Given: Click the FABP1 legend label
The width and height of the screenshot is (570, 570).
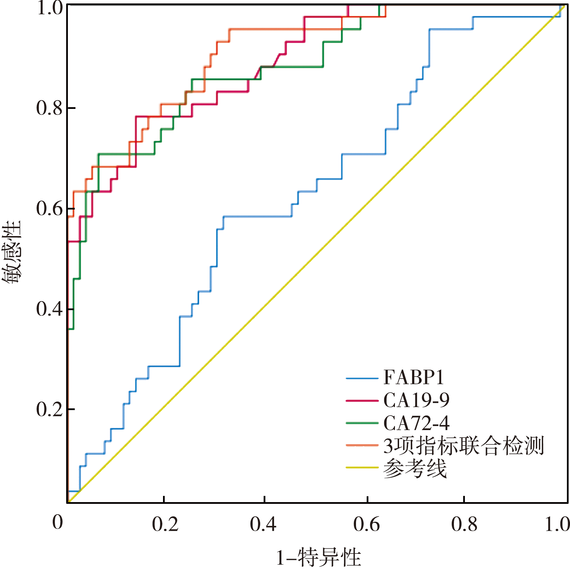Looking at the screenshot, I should [414, 377].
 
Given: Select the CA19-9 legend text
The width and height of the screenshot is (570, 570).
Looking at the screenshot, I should [416, 400].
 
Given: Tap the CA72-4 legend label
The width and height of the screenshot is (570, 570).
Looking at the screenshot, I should [416, 423].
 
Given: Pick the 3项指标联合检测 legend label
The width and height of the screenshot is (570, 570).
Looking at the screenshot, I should [464, 446].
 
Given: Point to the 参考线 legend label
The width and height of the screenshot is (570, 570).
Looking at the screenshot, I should [415, 468].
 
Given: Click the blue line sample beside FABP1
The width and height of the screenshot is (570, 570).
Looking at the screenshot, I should [362, 378].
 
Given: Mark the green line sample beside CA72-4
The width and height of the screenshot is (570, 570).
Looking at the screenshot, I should [362, 423].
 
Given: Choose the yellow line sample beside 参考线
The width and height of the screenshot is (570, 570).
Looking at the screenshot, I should [362, 468].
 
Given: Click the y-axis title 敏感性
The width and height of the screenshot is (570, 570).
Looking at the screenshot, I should [12, 252].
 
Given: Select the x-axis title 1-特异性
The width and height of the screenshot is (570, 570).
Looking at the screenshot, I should [318, 557].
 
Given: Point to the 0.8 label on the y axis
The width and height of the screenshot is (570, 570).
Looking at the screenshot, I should [50, 108].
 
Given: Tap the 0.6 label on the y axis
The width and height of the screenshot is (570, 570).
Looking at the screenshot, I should [50, 208].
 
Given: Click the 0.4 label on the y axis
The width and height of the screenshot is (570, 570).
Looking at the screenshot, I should [50, 309].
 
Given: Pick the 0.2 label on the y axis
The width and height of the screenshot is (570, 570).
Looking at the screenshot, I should [50, 409].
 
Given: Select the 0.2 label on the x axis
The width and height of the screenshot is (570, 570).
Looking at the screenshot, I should [165, 524].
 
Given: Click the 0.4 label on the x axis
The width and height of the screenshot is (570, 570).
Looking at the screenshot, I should [263, 524].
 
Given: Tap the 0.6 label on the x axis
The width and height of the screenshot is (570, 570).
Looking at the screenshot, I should [366, 524].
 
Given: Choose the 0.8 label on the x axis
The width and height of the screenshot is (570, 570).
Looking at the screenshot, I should [464, 524].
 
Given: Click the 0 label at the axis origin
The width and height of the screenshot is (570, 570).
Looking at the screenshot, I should [58, 522].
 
